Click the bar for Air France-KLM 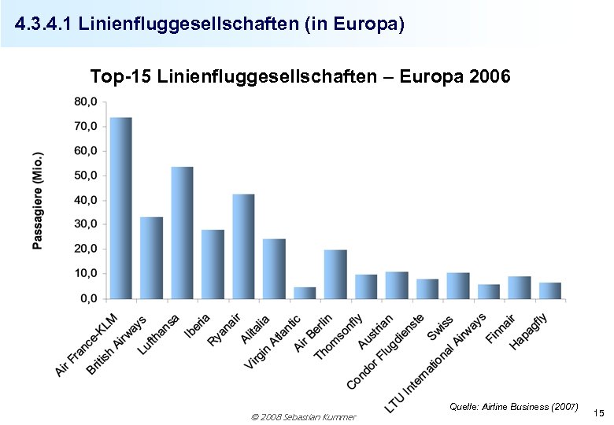(x=120, y=208)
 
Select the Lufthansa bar (x=182, y=233)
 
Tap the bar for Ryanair (x=243, y=246)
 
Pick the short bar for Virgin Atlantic (x=305, y=293)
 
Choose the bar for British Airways (x=151, y=257)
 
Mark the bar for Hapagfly (x=550, y=290)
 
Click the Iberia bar (x=213, y=264)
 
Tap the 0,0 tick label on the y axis (x=87, y=298)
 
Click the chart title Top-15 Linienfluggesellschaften (x=301, y=77)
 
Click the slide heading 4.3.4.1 (x=209, y=25)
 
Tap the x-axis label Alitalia (x=255, y=328)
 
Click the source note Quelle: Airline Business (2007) (x=513, y=406)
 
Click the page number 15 (x=598, y=413)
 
